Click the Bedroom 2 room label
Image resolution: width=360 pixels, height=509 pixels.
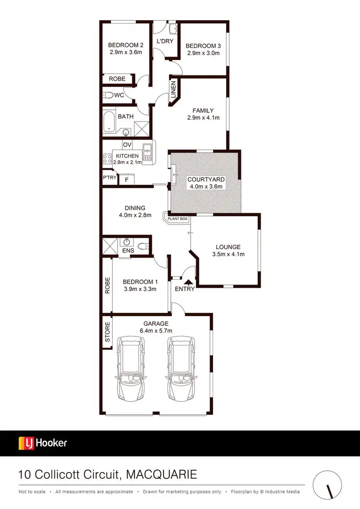[126, 46]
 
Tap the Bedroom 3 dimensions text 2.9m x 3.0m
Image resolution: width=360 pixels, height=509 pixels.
[204, 53]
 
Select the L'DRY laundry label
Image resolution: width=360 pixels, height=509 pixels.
[165, 41]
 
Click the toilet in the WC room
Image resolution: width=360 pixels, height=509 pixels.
[108, 95]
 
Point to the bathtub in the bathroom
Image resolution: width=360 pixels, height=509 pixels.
[109, 122]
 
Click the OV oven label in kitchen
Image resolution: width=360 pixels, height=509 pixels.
[127, 145]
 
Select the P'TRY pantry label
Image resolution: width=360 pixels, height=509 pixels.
[109, 178]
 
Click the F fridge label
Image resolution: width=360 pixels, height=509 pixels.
[127, 180]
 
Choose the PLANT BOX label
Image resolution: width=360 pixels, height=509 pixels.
[178, 219]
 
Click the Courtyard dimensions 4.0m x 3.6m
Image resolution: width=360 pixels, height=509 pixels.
[206, 187]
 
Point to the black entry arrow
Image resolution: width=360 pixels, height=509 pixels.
[188, 282]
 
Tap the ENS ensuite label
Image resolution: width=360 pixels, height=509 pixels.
[128, 251]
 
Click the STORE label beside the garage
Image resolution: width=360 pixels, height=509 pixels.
[108, 331]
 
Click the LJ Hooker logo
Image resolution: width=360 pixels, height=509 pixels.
[43, 443]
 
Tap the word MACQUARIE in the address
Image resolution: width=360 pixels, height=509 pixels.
[161, 475]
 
